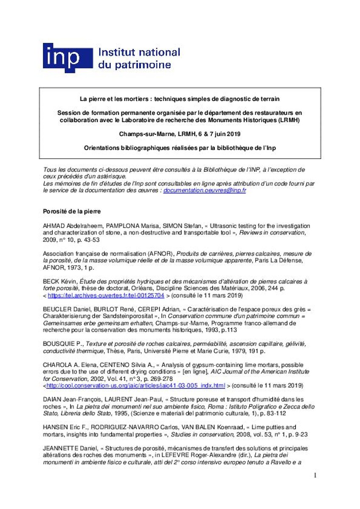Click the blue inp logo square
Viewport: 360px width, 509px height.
(67, 58)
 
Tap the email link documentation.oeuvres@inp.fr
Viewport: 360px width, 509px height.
(205, 191)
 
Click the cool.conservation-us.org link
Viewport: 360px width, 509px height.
(135, 386)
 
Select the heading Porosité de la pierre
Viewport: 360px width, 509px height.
(72, 211)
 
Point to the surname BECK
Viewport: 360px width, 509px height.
(51, 281)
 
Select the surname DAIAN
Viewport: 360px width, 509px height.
(52, 399)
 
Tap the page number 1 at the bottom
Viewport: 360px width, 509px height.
(315, 475)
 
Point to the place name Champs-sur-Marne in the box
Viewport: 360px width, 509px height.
(144, 134)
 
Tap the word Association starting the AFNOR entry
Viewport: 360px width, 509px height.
(59, 254)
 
